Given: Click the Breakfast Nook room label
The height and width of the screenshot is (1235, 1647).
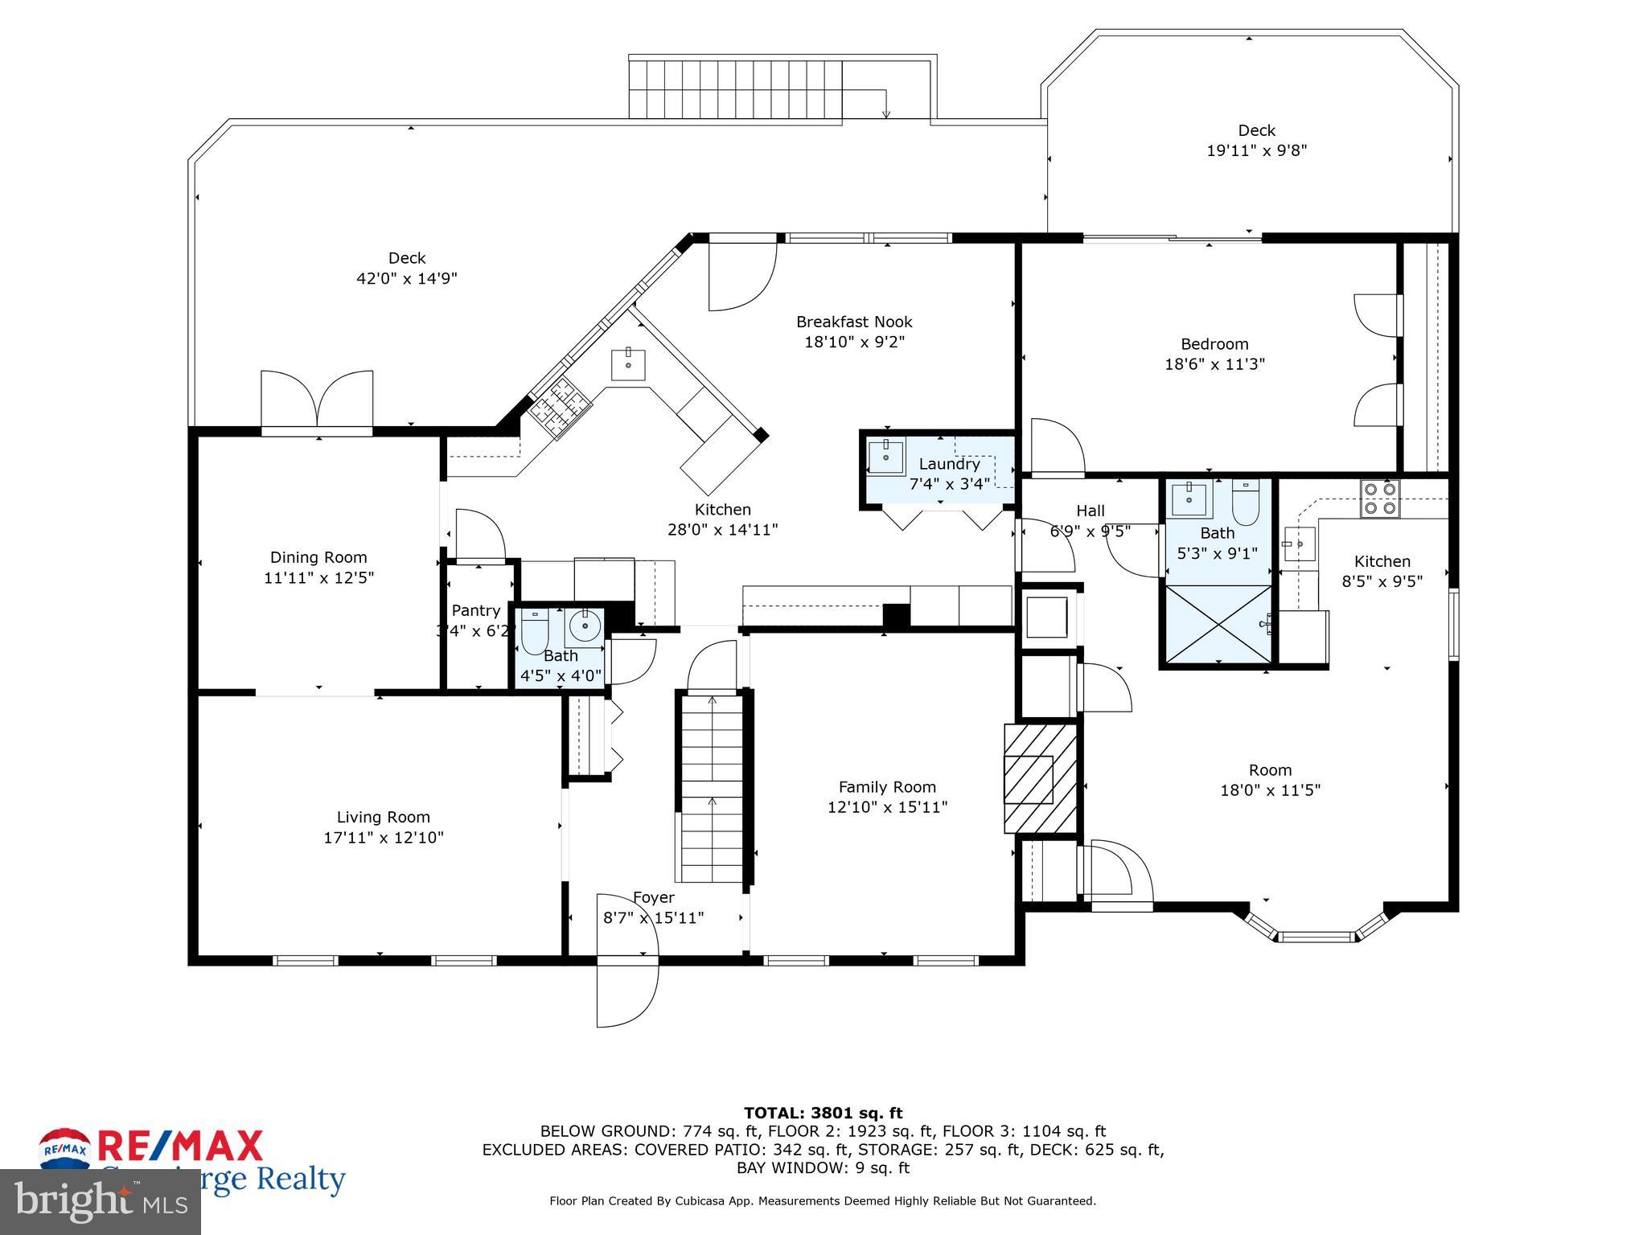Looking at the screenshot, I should pos(854,322).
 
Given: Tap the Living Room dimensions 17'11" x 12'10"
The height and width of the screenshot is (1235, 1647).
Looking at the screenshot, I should pos(384,838).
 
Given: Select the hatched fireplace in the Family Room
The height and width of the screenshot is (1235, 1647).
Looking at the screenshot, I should pos(1039,779).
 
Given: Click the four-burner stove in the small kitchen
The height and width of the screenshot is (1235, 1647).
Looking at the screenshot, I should pos(1379,498).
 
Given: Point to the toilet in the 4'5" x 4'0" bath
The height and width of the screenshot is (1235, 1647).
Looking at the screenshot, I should pos(534,633).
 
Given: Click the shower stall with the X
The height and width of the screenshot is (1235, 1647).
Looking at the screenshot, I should pos(1218,624).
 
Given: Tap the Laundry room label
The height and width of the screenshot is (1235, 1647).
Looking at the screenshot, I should pos(949,464).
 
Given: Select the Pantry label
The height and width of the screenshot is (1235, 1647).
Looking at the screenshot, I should pos(475,610).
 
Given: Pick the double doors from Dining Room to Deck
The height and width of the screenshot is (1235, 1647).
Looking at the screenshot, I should pos(317,400).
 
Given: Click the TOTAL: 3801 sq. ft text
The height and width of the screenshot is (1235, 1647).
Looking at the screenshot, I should pos(823,1113).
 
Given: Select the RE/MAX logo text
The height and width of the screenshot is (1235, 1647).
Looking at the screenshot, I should pos(181,1147).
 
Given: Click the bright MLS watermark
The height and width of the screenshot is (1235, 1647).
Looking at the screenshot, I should pos(100,1203).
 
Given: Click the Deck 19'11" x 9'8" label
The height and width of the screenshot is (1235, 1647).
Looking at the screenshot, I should pos(1256,140).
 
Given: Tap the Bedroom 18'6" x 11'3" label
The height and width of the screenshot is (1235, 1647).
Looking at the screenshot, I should pos(1214,354).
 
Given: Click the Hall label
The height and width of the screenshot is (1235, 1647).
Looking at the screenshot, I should pos(1090,511).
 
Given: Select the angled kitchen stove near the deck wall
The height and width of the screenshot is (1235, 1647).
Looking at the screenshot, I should pos(561,407).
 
